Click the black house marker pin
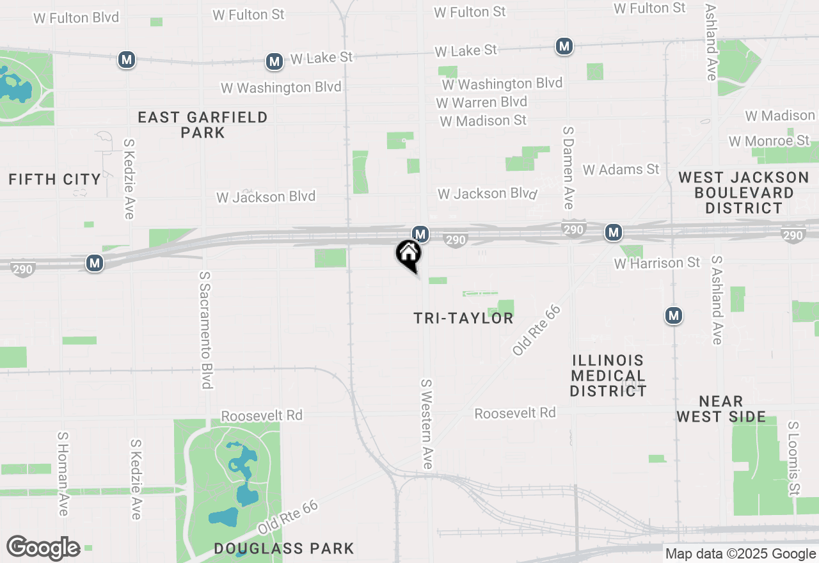(408, 254)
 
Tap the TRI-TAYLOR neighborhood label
(463, 318)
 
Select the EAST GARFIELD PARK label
(202, 125)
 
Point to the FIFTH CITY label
(55, 179)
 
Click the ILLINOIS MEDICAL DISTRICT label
(608, 375)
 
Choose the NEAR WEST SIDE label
(721, 409)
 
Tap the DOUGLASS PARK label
(283, 548)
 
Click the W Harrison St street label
(657, 263)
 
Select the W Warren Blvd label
(481, 102)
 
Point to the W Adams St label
(620, 170)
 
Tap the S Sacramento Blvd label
(205, 329)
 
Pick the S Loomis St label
(793, 458)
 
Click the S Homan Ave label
(63, 473)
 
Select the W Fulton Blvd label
(76, 17)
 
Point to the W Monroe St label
(768, 141)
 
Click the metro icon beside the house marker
(420, 234)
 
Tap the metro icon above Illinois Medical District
(673, 315)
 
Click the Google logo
(43, 548)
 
